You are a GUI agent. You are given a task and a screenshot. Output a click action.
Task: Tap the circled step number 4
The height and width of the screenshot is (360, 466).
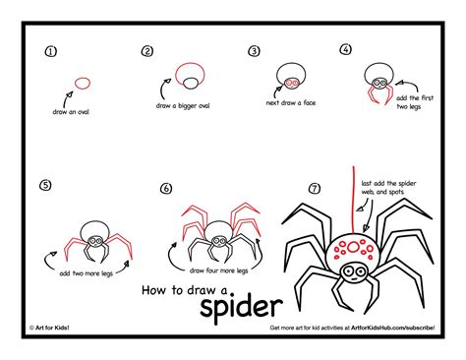[346, 49]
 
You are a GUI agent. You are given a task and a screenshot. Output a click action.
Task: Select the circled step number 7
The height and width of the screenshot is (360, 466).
[315, 188]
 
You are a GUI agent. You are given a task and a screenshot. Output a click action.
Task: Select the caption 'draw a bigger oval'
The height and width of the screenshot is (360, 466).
[185, 105]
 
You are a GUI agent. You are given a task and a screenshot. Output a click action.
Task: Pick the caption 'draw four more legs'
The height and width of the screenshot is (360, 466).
[218, 270]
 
